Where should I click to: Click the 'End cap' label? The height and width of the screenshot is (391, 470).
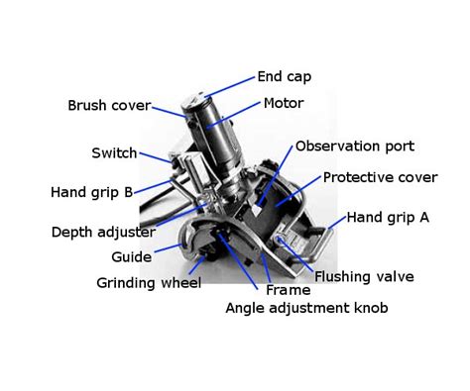285,76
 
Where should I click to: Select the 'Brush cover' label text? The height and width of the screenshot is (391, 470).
108,106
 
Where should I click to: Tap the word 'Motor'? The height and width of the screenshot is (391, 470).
284,103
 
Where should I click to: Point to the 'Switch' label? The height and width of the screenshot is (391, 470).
114,153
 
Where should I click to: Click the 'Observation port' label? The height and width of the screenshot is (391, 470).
354,147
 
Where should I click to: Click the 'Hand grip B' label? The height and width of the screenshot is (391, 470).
90,192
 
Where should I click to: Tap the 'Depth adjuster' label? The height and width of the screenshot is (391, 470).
103,233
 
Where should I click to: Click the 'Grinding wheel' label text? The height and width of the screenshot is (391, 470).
149,283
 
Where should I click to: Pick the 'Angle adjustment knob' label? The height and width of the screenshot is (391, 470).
306,309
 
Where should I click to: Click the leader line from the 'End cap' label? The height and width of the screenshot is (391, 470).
231,84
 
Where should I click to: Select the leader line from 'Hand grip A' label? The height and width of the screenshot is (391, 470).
336,227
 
